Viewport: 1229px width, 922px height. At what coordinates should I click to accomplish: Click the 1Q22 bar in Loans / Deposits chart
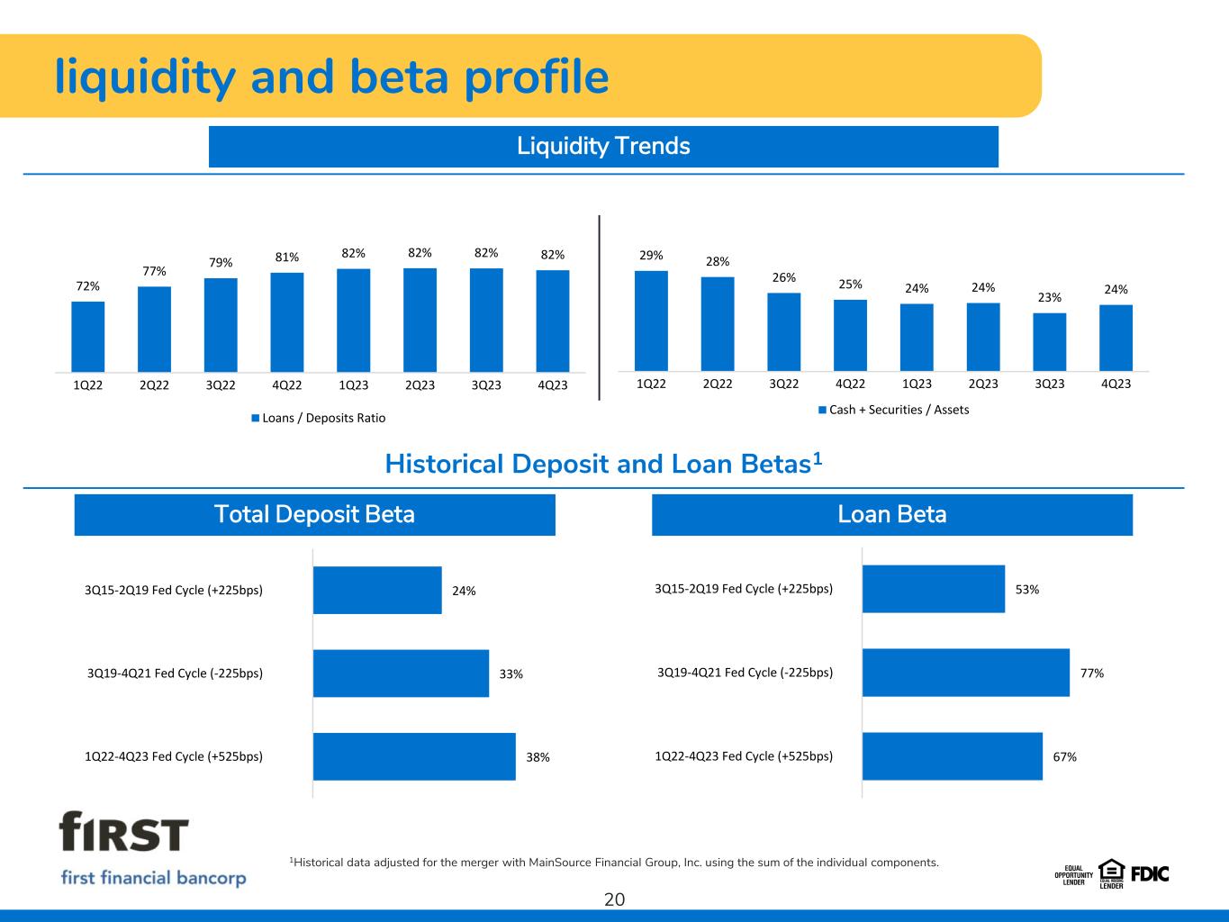click(88, 337)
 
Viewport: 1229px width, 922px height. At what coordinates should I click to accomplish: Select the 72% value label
click(88, 286)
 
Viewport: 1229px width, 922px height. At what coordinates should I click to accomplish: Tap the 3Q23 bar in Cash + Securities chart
click(1049, 342)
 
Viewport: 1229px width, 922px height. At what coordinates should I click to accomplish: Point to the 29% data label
click(651, 256)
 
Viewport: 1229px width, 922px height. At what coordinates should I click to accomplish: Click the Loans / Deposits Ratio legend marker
click(256, 418)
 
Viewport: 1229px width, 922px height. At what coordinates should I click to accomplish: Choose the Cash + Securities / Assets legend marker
click(823, 410)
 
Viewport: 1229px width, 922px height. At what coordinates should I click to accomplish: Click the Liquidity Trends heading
click(603, 146)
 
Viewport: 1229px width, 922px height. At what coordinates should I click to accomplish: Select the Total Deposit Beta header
click(314, 514)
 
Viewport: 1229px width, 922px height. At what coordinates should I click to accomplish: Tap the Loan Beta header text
click(892, 514)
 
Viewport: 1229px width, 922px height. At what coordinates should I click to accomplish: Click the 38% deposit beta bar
click(414, 756)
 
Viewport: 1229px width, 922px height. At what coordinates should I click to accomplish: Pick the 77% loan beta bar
click(966, 673)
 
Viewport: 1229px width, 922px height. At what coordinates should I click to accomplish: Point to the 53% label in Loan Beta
click(1027, 590)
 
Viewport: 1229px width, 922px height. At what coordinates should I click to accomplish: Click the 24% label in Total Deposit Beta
click(464, 591)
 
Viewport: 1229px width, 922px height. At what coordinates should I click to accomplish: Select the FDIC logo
click(1150, 874)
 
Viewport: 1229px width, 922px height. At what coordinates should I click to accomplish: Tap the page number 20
click(614, 899)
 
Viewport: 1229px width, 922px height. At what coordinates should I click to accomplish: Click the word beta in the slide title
click(399, 77)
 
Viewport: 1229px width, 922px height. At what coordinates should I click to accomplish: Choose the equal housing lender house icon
click(1111, 871)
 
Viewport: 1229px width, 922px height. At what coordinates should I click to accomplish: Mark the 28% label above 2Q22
click(718, 261)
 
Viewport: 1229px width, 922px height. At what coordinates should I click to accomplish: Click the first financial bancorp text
click(153, 878)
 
